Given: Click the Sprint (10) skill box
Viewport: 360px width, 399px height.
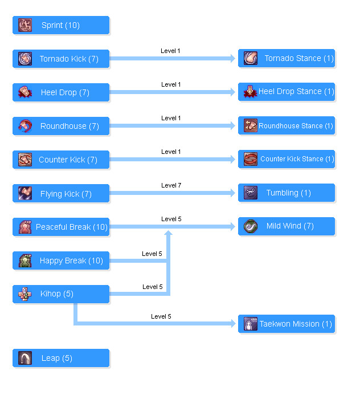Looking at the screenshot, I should click(x=61, y=26).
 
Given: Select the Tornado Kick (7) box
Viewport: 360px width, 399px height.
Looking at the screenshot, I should click(x=61, y=59).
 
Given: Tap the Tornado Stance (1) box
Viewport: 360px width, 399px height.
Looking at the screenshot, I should click(x=287, y=59).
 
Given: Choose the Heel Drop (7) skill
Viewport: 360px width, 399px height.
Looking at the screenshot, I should click(x=61, y=93).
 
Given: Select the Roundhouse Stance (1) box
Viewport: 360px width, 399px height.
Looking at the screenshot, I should click(x=287, y=126).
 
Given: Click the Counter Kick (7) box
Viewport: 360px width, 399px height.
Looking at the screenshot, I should click(x=61, y=160).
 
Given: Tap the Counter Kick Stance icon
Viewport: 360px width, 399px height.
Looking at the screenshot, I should click(x=251, y=159).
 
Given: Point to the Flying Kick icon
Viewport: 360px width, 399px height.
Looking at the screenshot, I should click(x=25, y=194).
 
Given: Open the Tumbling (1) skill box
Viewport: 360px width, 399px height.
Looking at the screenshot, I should click(x=287, y=193).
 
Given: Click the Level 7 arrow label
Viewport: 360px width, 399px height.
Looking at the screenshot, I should click(x=171, y=185).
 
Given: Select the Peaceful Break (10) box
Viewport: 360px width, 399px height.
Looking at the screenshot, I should click(x=61, y=227).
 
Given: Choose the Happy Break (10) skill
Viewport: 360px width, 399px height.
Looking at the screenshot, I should click(x=61, y=261).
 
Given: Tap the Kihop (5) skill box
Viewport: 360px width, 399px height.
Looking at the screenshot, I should click(x=61, y=294).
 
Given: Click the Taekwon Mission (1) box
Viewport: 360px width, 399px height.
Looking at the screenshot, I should click(x=287, y=324).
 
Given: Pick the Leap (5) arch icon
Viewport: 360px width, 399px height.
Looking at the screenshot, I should click(x=25, y=358).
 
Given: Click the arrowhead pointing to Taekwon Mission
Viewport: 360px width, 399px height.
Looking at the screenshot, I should click(x=232, y=324).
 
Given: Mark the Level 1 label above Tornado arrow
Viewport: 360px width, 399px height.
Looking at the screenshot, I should click(x=171, y=51).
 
